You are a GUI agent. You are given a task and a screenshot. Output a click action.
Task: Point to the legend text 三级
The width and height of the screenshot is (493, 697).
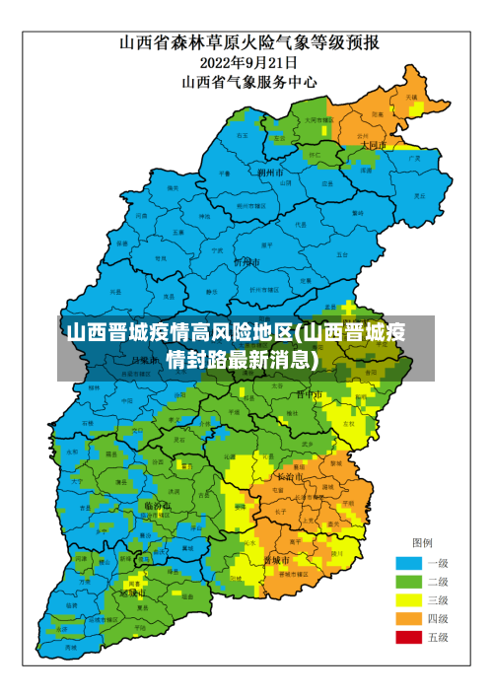tap(438, 599)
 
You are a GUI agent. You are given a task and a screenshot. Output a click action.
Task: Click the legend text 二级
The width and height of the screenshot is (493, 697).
tap(438, 582)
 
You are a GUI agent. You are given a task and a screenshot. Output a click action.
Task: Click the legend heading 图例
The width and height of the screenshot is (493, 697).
tap(422, 543)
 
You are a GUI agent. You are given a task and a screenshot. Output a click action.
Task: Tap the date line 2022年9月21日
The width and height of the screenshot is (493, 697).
tap(250, 62)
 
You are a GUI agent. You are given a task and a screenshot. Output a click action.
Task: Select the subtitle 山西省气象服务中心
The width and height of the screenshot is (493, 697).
tap(250, 82)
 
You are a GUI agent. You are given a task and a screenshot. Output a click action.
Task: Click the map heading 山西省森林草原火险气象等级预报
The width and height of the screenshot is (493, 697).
tap(250, 42)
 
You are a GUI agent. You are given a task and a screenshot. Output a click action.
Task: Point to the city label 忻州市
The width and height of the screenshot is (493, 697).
tap(246, 262)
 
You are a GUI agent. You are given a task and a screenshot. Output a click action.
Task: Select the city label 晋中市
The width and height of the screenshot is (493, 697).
tap(310, 394)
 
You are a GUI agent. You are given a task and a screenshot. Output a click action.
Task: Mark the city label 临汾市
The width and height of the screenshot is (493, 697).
tap(157, 506)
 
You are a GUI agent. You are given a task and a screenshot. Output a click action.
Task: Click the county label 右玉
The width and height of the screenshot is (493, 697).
tap(243, 135)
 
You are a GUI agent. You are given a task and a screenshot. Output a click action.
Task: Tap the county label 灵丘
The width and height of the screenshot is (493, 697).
tap(420, 195)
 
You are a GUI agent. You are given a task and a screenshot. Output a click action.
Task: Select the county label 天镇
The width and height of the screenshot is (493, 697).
tap(410, 98)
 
